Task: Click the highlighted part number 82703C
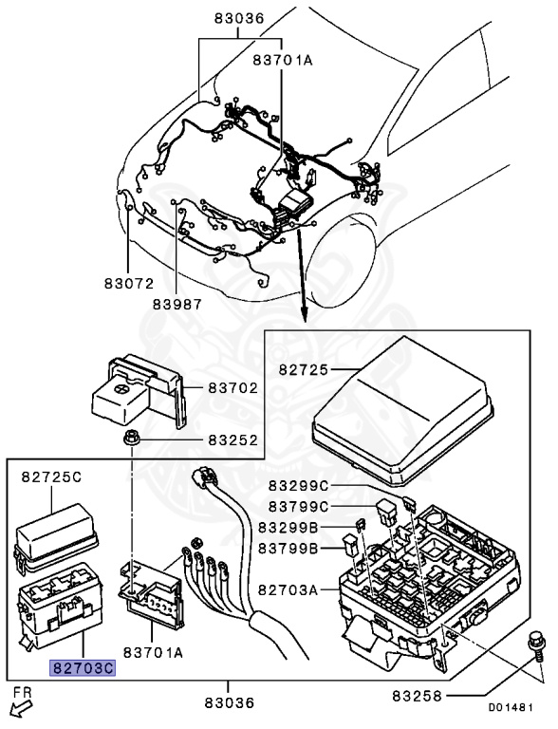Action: pos(83,668)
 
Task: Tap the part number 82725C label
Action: pos(51,477)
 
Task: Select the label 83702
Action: pos(232,387)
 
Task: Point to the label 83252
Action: pos(232,439)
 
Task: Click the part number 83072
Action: pos(129,283)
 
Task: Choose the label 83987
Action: pos(177,304)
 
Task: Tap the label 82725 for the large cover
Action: pos(304,369)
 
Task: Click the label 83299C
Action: pos(299,486)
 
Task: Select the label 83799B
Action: pos(288,549)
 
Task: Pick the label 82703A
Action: pos(288,590)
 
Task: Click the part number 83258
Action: pos(418,696)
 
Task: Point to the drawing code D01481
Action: pos(511,707)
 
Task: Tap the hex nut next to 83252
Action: pos(132,439)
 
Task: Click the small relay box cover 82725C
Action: pos(55,538)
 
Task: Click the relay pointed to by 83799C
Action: pos(387,513)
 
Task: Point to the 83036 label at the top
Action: pos(239,19)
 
